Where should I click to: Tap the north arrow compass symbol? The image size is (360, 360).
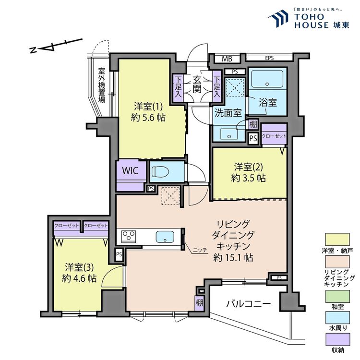pos(53,46)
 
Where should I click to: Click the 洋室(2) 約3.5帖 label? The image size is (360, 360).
pos(250,172)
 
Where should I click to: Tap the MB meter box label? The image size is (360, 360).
pos(226,59)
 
